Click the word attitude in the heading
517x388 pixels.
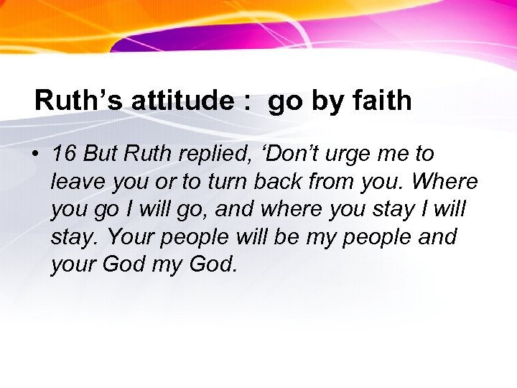point(183,101)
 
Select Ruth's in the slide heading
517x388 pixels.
point(79,101)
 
